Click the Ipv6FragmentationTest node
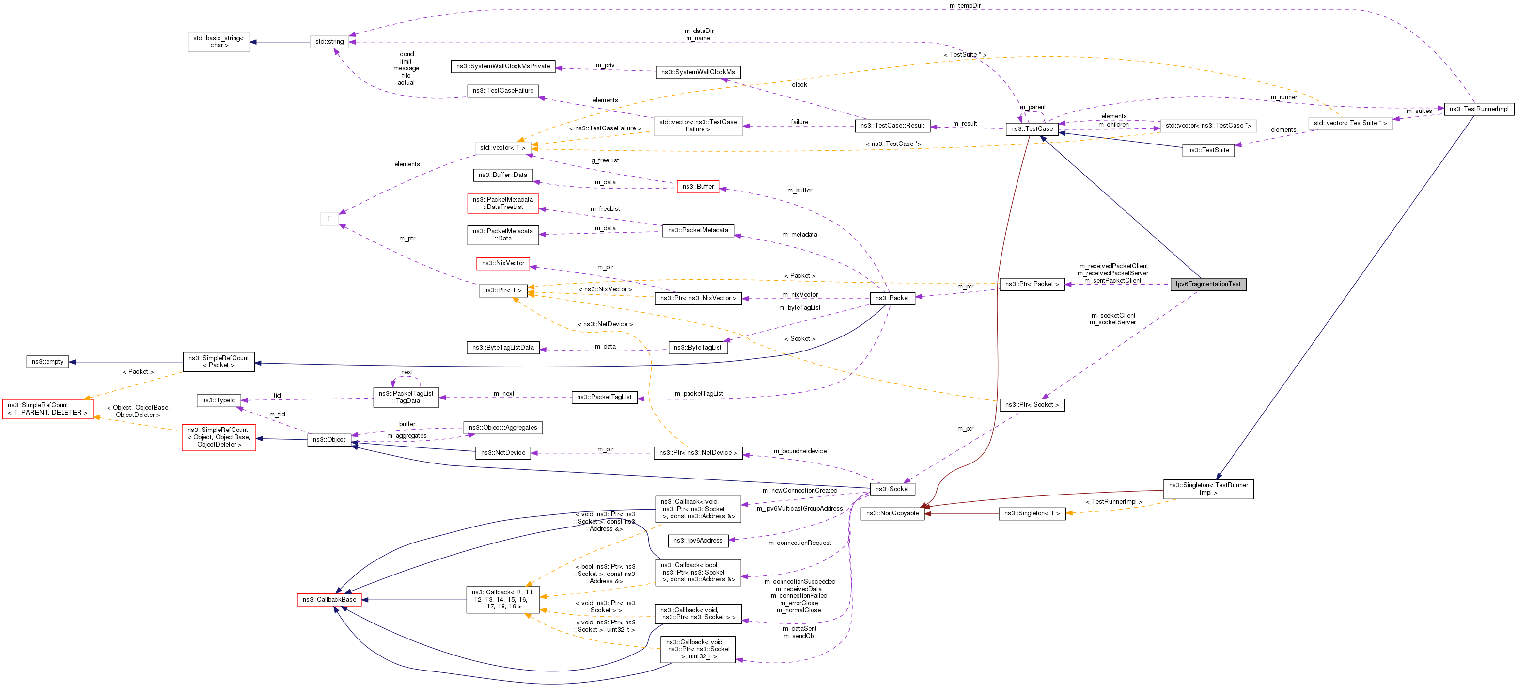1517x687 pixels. pos(1208,284)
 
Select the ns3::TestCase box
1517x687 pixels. pos(1032,129)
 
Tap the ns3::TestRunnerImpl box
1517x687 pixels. pos(1479,109)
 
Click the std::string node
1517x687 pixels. pos(329,42)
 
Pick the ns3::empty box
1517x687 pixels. pos(47,362)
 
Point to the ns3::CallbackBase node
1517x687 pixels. pos(329,600)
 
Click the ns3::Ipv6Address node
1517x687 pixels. pos(698,540)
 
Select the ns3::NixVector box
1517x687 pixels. pos(503,263)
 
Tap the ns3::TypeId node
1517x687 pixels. pos(219,400)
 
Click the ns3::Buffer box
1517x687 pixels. pos(698,187)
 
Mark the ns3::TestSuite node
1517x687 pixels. pos(1208,150)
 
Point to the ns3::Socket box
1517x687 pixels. pos(892,489)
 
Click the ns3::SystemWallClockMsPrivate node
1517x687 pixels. pos(503,66)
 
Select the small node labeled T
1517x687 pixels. pos(329,219)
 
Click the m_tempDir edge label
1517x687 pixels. pos(965,6)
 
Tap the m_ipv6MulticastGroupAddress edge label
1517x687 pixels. pos(799,509)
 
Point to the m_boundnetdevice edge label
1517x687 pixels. pos(800,451)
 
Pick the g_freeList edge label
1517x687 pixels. pos(605,160)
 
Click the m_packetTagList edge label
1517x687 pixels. pos(699,394)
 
